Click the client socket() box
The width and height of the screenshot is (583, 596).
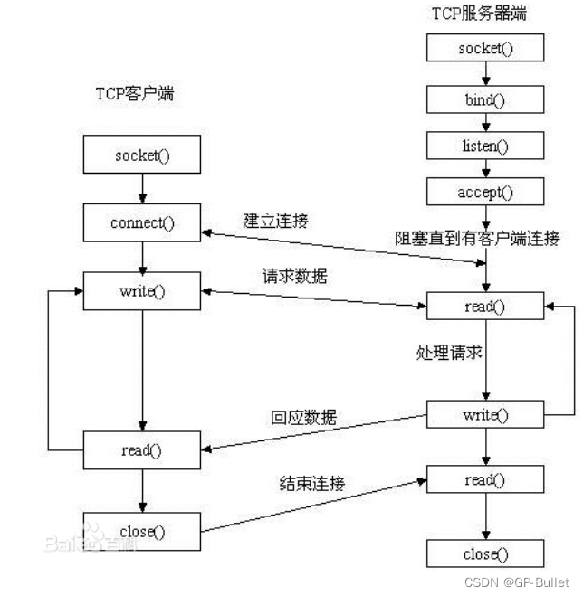[x=142, y=155]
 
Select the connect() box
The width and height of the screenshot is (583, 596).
[x=142, y=222]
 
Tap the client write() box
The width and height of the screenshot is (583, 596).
[x=142, y=290]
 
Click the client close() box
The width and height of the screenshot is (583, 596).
[x=142, y=531]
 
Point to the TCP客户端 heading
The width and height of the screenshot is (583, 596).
[x=134, y=93]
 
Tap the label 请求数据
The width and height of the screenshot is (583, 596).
[x=293, y=277]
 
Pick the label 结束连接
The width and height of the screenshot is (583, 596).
[x=311, y=485]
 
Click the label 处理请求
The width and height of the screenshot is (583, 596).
[x=449, y=353]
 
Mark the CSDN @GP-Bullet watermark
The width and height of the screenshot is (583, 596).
[x=524, y=582]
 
